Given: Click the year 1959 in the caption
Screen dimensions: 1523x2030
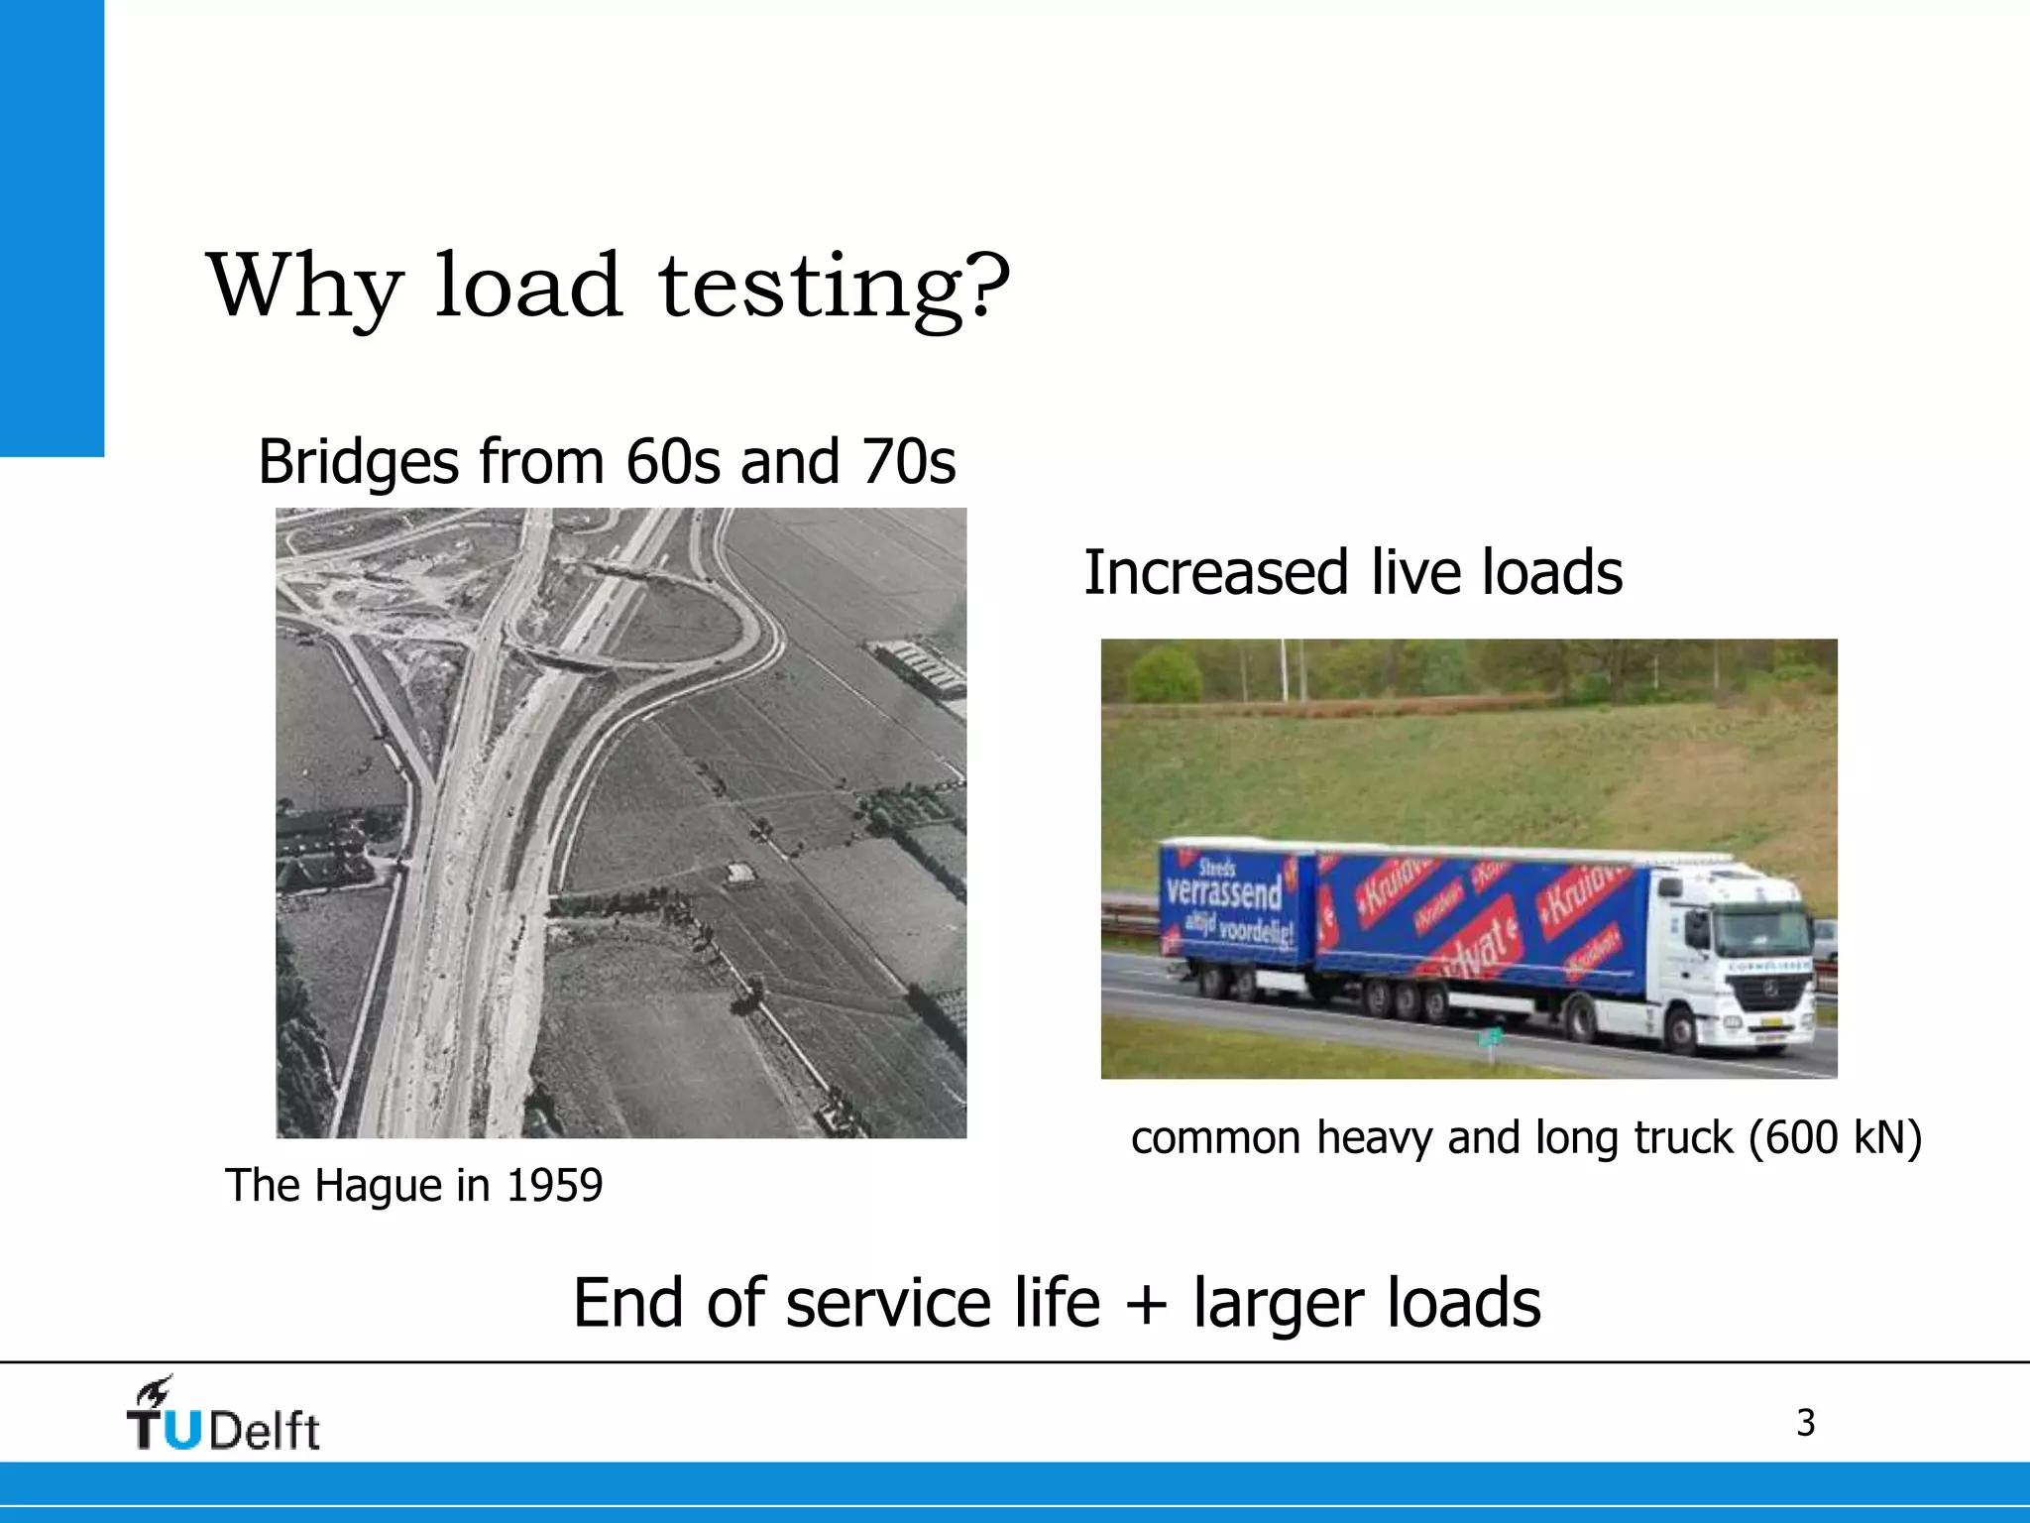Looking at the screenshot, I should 554,1186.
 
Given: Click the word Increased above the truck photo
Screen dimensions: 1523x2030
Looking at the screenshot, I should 1216,573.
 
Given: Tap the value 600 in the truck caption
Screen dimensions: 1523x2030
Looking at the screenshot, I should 1799,1137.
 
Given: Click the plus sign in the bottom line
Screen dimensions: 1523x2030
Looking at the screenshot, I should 1147,1304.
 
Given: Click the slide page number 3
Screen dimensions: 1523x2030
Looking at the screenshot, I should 1805,1424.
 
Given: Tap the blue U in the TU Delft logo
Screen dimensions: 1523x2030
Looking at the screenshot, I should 181,1429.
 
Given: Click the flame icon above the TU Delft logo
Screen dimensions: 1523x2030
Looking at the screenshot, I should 157,1391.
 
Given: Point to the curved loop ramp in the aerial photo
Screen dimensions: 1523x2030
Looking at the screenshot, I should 733,620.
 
